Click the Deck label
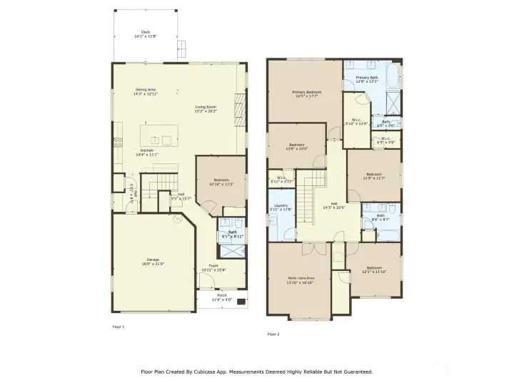pyautogui.click(x=146, y=34)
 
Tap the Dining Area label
pyautogui.click(x=146, y=91)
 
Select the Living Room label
pyautogui.click(x=206, y=108)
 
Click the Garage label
pyautogui.click(x=153, y=261)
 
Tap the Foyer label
pyautogui.click(x=213, y=267)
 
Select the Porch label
pyautogui.click(x=222, y=297)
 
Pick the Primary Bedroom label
pyautogui.click(x=306, y=93)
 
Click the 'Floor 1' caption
pyautogui.click(x=119, y=327)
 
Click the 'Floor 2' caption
pyautogui.click(x=273, y=334)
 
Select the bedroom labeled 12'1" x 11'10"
pyautogui.click(x=375, y=269)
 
